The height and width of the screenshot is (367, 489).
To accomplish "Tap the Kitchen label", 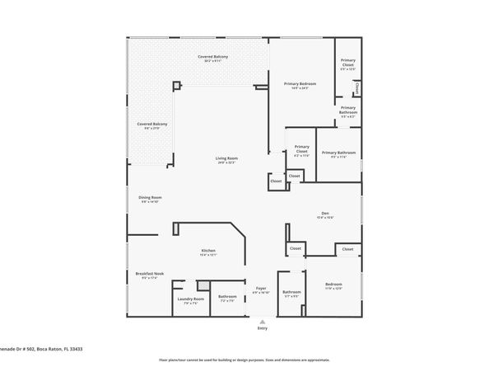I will pos(208,251).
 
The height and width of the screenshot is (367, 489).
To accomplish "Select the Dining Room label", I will pos(150,197).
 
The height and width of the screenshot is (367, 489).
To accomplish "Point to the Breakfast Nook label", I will pos(150,274).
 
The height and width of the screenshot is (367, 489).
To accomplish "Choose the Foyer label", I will pos(260,288).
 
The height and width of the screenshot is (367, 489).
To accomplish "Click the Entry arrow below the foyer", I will pos(262,321).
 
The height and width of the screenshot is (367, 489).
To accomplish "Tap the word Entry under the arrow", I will pos(262,327).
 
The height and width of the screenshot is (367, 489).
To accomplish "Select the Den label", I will pos(324,213).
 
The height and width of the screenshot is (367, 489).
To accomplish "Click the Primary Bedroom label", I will pos(300,84).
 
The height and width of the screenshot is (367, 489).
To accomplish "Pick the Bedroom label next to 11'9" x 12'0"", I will pos(333,284).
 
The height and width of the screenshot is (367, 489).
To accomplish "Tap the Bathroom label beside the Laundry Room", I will pos(226,296).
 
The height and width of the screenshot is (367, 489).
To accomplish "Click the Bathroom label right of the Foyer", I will pos(291,292).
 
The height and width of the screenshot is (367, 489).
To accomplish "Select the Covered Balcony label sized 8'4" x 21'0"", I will pos(152,124).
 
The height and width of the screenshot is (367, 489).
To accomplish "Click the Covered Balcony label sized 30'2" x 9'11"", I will pos(212,56).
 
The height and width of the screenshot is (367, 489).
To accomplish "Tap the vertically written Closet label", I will pos(357,87).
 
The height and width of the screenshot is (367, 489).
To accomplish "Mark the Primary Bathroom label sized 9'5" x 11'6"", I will pos(338,153).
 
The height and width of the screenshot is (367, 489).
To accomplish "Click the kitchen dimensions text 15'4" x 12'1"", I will pos(208,256).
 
